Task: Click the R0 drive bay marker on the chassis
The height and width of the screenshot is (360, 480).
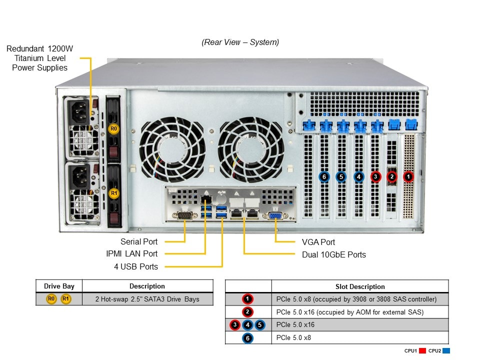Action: click(113, 129)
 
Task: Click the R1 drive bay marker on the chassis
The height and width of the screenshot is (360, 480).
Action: click(113, 193)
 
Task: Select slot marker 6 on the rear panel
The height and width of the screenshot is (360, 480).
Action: click(324, 176)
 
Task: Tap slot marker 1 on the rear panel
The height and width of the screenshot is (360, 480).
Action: click(409, 176)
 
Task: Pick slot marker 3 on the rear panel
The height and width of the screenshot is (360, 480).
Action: click(375, 176)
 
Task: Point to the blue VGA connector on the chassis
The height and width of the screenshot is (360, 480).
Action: click(275, 215)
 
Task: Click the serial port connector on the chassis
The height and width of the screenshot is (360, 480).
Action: click(185, 216)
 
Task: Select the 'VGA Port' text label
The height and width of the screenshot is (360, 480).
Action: click(318, 242)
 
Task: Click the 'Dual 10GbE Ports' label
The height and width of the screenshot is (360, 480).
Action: click(333, 254)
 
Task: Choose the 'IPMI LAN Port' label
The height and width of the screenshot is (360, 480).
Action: click(131, 253)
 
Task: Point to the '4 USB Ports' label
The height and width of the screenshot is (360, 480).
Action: click(135, 266)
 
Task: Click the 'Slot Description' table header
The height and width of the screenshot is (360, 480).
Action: click(360, 286)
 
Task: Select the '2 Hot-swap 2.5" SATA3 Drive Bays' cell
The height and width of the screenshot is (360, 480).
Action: click(147, 299)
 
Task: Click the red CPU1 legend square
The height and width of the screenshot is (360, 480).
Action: click(421, 351)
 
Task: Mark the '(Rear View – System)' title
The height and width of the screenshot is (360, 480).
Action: click(240, 42)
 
